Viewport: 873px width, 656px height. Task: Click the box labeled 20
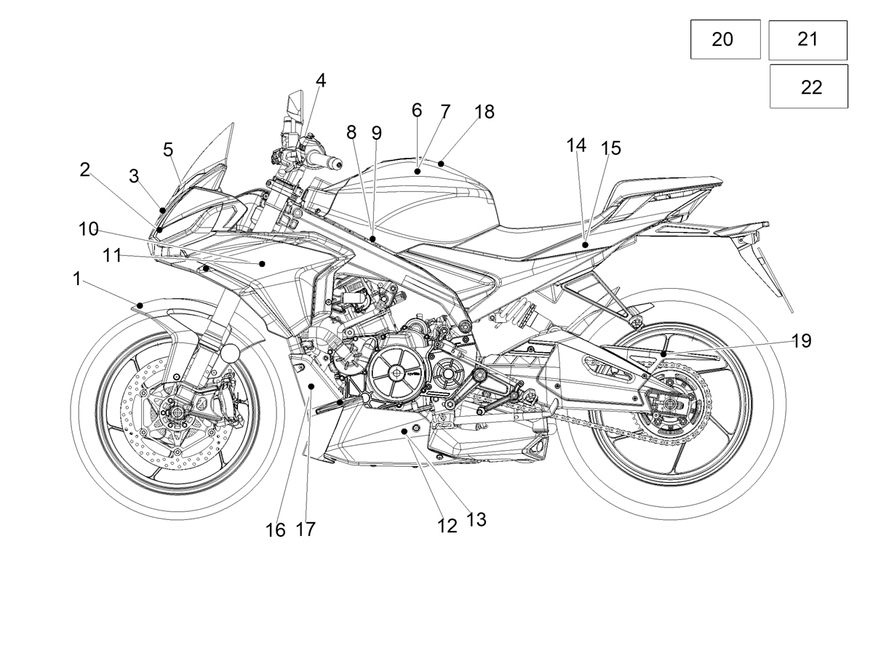pyautogui.click(x=725, y=39)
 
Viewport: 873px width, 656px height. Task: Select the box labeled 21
pyautogui.click(x=808, y=40)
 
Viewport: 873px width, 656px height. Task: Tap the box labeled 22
pyautogui.click(x=809, y=86)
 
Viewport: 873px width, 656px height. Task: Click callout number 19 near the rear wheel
pyautogui.click(x=802, y=340)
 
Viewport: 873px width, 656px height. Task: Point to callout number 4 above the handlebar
pyautogui.click(x=321, y=81)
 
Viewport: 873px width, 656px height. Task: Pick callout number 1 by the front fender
pyautogui.click(x=77, y=279)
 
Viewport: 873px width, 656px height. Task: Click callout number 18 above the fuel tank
pyautogui.click(x=485, y=112)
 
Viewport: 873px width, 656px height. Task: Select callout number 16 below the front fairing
pyautogui.click(x=276, y=530)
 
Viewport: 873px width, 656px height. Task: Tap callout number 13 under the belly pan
pyautogui.click(x=477, y=519)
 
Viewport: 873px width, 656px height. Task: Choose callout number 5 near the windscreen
pyautogui.click(x=168, y=150)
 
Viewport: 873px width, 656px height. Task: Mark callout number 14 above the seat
pyautogui.click(x=576, y=145)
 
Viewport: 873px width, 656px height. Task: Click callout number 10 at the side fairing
pyautogui.click(x=88, y=229)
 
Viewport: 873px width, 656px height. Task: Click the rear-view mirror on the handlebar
pyautogui.click(x=295, y=108)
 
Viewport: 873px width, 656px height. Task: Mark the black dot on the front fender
pyautogui.click(x=140, y=305)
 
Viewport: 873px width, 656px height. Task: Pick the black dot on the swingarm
pyautogui.click(x=663, y=354)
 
